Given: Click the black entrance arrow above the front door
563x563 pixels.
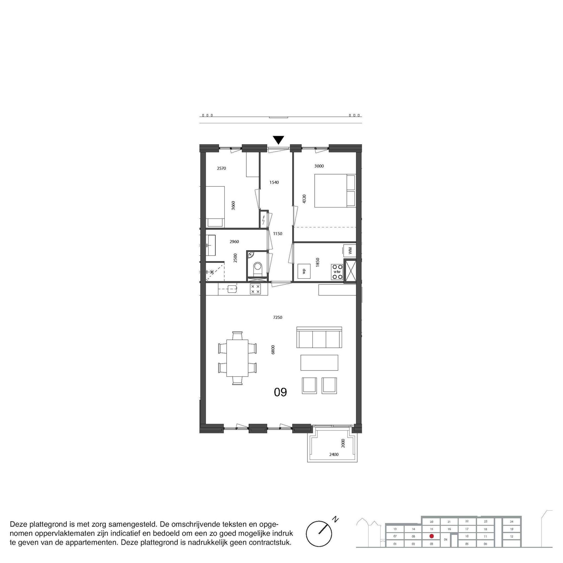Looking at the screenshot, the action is coord(279,140).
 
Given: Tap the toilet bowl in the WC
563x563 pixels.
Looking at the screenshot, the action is coord(258,267).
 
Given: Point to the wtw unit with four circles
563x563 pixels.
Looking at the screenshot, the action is coord(338,272).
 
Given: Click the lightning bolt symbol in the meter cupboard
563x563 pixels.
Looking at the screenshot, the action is coord(264,220).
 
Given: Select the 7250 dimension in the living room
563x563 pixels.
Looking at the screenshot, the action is coord(278,318).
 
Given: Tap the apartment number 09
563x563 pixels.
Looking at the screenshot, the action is coord(280,392).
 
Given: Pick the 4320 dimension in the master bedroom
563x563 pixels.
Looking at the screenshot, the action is coord(304,199).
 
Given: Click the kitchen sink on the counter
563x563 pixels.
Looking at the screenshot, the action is coord(232,289).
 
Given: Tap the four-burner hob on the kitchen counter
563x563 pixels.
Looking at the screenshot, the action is coord(256,289).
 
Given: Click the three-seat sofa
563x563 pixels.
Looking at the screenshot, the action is coord(319,337).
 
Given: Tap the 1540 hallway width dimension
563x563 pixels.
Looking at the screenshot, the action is coord(274,182).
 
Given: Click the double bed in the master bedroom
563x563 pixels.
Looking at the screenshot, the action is coord(335,191).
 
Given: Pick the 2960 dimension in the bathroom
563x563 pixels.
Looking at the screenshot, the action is coord(234,242).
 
